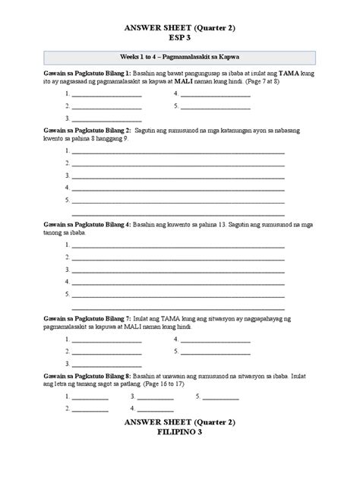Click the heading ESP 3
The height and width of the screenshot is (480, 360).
point(180,37)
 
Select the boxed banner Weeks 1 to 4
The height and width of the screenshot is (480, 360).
point(180,57)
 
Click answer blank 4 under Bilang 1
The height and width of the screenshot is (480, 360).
point(214,94)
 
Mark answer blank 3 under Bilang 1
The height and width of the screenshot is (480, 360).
point(106,118)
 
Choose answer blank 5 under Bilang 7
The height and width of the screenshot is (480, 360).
point(214,352)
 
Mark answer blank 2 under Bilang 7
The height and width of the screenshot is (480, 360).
point(106,352)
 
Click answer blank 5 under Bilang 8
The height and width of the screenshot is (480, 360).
point(219,397)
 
